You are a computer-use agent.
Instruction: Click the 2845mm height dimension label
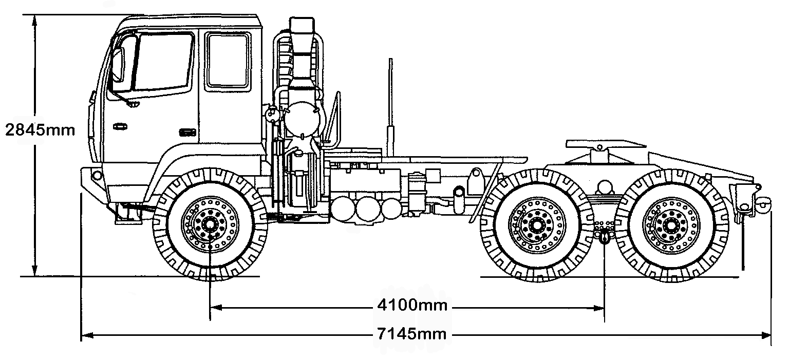(x=40, y=129)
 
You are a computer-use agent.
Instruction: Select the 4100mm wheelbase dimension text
(x=412, y=306)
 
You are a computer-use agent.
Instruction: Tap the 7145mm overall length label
(x=412, y=335)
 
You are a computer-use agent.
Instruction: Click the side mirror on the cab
(x=118, y=66)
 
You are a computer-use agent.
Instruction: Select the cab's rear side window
(x=227, y=60)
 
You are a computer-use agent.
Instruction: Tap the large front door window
(x=163, y=62)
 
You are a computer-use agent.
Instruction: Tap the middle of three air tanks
(x=368, y=210)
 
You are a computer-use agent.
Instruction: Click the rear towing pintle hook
(x=762, y=205)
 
